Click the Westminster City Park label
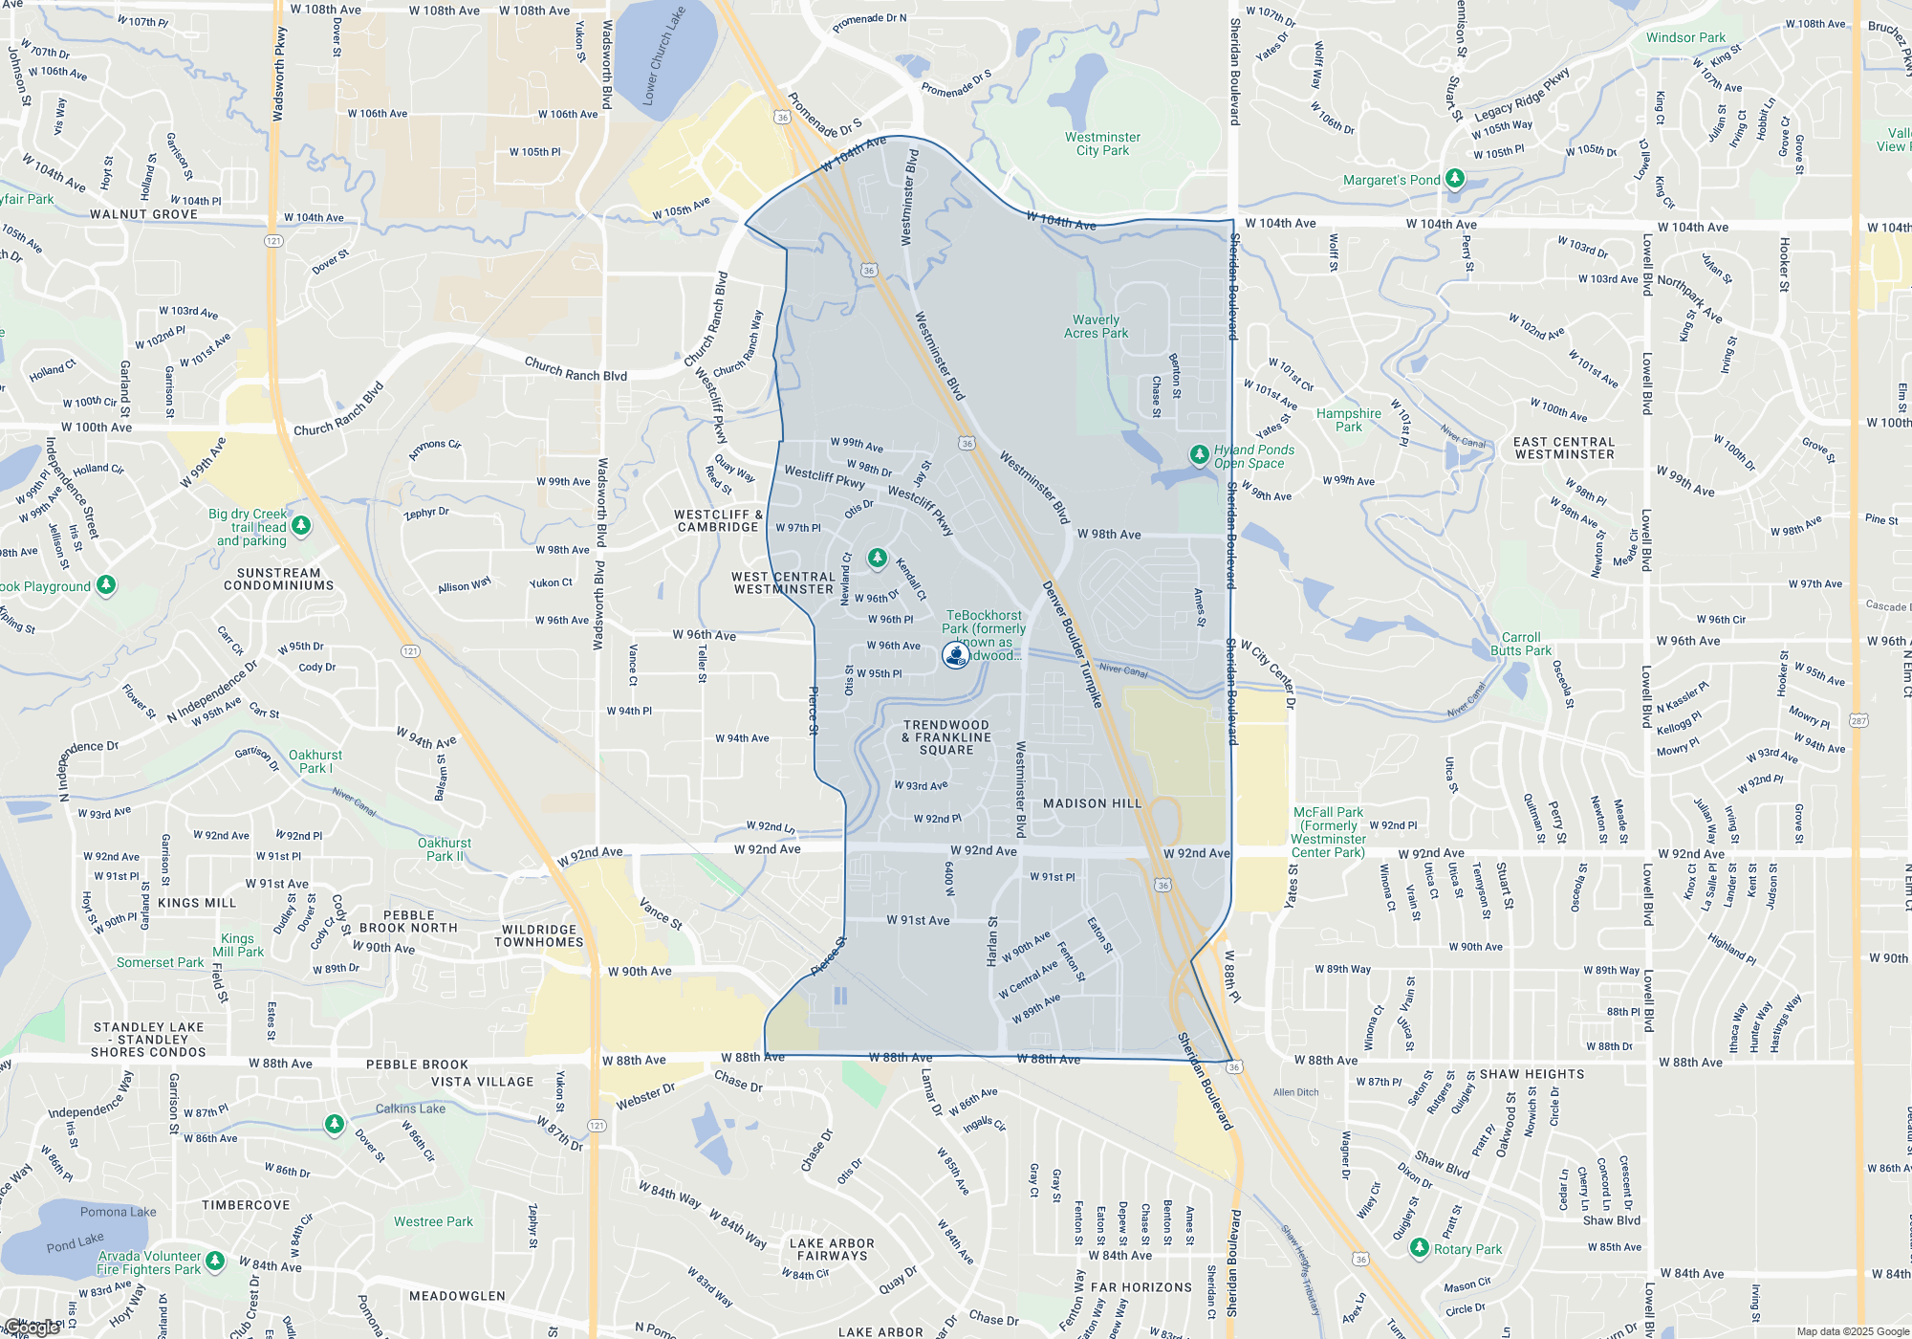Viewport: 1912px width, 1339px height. [1102, 143]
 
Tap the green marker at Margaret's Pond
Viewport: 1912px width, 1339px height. [1454, 179]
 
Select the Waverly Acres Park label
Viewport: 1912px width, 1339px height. [1096, 327]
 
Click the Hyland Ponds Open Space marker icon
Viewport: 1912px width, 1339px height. [1199, 454]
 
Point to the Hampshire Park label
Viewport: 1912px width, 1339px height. [1348, 420]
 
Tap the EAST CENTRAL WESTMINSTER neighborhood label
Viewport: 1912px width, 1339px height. [1564, 448]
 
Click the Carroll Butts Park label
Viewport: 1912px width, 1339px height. [1520, 644]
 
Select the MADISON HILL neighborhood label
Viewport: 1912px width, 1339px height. [1092, 803]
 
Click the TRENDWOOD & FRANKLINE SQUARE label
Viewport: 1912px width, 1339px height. [946, 737]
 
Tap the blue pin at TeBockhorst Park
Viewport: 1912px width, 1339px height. [955, 654]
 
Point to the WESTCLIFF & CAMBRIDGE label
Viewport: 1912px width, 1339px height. [718, 520]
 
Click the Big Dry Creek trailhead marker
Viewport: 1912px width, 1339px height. [301, 525]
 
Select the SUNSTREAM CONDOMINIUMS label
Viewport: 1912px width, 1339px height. [278, 579]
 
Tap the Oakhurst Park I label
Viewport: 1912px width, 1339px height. [315, 761]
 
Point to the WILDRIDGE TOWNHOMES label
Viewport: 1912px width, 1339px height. [538, 935]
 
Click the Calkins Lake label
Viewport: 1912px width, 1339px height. [410, 1109]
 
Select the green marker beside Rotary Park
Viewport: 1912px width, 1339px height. [1420, 1248]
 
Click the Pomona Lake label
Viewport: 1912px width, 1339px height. [118, 1212]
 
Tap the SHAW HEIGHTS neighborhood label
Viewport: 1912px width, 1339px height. [1532, 1074]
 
